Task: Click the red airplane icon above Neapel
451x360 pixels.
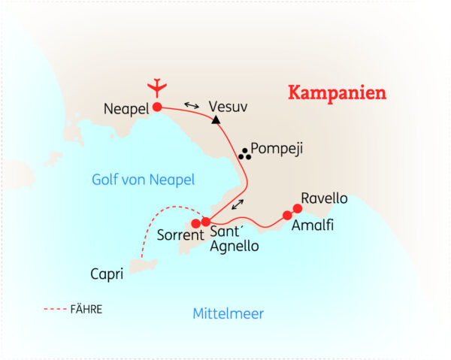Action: pos(156,87)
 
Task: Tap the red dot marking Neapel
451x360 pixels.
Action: pos(157,107)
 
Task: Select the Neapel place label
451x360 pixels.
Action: pos(126,110)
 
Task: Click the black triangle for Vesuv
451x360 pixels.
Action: pos(216,119)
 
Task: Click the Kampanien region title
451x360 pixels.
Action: pos(337,93)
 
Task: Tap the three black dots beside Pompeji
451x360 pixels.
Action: pos(244,155)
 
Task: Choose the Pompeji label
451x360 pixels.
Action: pos(277,149)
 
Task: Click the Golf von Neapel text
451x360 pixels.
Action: pos(143,180)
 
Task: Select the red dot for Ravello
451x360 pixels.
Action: pos(297,208)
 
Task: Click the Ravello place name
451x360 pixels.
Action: pos(324,198)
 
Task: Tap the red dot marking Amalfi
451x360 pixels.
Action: pos(287,216)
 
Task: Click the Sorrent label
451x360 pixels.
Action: pos(180,234)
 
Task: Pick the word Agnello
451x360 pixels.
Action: pos(235,246)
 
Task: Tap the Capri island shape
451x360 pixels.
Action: pos(143,266)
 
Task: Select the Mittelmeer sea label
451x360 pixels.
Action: pos(228,313)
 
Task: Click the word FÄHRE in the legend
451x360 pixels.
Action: pos(89,308)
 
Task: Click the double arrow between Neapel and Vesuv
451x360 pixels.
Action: pos(192,105)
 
